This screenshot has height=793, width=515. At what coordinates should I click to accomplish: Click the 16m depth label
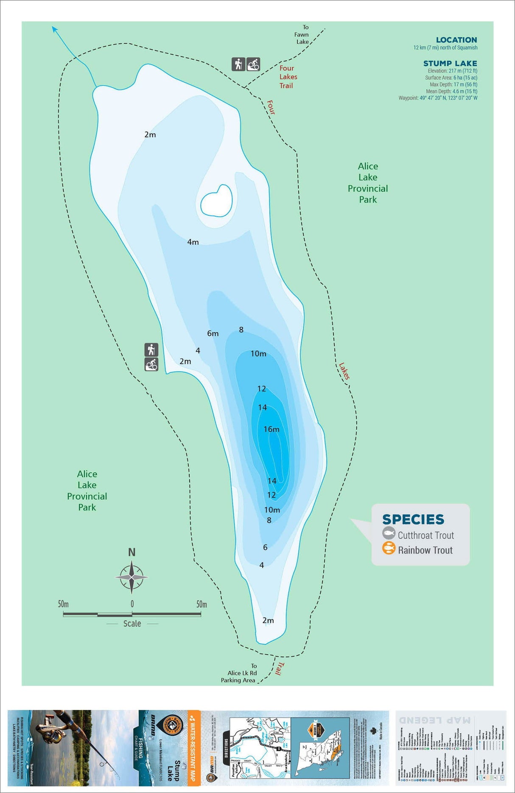point(271,429)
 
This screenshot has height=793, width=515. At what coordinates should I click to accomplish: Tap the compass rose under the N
point(132,577)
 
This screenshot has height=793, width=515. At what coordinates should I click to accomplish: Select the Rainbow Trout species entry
point(425,550)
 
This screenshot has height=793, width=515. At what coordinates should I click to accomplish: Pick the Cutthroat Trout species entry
point(425,535)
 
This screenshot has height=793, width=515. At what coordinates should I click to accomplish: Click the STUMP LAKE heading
point(450,64)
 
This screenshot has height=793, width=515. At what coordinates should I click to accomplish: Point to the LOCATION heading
point(456,40)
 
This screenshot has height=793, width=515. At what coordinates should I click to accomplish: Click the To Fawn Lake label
point(302,34)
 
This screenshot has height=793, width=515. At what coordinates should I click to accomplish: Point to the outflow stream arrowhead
point(54,28)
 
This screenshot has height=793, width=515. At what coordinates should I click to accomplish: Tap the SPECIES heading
point(413,519)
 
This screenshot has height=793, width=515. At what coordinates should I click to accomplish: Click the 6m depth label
point(213,334)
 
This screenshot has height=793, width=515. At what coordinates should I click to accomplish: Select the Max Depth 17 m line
point(453,84)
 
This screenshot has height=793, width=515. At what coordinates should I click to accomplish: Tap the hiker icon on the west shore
point(151,350)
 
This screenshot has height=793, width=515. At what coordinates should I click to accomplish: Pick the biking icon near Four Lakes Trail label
point(253,64)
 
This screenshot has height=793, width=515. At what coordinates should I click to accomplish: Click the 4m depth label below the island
point(193,242)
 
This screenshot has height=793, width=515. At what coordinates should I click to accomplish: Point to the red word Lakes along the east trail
point(344,370)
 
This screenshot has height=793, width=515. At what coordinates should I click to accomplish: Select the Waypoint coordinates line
point(438,98)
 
